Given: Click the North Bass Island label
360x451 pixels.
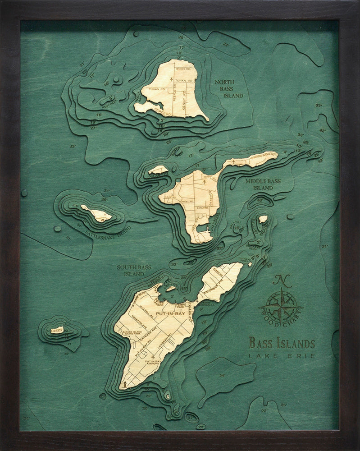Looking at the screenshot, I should (228, 89).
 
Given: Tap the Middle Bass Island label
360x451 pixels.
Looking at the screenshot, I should (263, 184).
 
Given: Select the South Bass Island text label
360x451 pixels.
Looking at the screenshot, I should (134, 270).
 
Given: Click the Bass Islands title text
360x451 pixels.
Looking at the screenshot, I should (282, 344).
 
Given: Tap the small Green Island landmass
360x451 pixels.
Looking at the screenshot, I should (57, 330).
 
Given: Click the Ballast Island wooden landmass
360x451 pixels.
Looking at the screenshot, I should (263, 219).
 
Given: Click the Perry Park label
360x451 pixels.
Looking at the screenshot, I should (181, 307).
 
